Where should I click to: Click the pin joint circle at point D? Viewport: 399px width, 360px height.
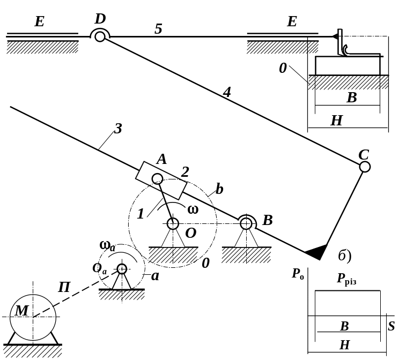point(100,37)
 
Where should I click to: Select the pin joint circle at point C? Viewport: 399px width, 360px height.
point(365,167)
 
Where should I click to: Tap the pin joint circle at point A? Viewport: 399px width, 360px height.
point(157,179)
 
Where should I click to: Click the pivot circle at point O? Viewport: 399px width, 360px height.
point(173,224)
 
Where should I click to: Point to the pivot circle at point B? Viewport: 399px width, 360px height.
point(246,224)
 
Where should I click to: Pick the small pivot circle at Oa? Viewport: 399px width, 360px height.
point(122,269)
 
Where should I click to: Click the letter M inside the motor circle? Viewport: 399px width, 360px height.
point(21,310)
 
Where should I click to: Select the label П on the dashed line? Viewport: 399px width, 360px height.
point(64,287)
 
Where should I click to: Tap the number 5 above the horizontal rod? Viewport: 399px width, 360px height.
point(158,28)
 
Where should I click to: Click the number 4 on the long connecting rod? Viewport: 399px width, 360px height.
point(227,92)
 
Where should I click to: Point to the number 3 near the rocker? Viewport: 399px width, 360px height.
point(118,129)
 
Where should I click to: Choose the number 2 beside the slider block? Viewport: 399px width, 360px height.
point(185,172)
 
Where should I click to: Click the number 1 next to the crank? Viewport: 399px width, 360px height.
point(141,214)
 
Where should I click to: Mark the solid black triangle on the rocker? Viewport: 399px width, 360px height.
point(317,253)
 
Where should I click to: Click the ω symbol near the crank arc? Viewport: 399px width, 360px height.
point(193,209)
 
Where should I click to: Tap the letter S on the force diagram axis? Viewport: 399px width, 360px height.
point(391,326)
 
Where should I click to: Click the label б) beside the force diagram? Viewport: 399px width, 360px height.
point(345,256)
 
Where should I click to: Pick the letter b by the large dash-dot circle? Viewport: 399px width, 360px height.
point(219,189)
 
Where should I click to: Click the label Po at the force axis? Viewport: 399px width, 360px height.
point(298,274)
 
